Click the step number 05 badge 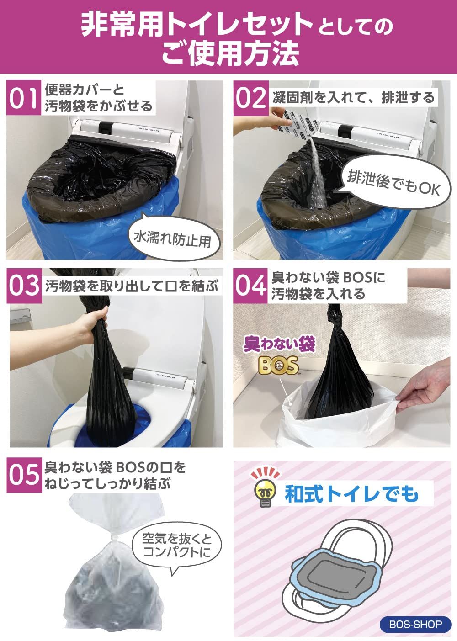click(x=23, y=476)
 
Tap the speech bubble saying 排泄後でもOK click(x=393, y=180)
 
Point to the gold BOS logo click(x=277, y=366)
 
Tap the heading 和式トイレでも click(x=351, y=493)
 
